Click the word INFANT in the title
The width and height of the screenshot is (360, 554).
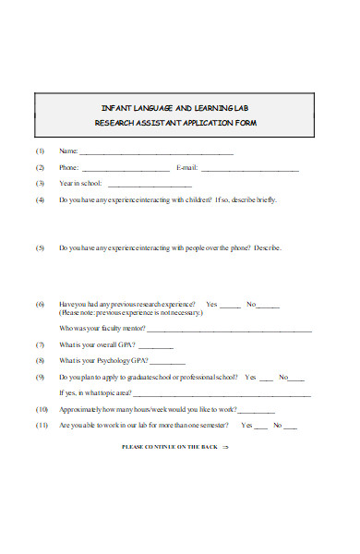(x=115, y=108)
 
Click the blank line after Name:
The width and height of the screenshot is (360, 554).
(x=156, y=152)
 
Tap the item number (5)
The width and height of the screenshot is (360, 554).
(x=41, y=248)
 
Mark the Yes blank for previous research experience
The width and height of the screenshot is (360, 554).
(x=231, y=306)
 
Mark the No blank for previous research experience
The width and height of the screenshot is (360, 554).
(x=268, y=306)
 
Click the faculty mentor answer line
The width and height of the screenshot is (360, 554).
(x=230, y=330)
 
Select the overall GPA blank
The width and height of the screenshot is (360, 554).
(x=156, y=346)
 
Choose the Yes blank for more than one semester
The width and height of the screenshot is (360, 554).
(x=261, y=427)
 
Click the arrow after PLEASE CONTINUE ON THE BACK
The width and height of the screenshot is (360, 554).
(x=225, y=447)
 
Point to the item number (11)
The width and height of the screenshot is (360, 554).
(x=42, y=426)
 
